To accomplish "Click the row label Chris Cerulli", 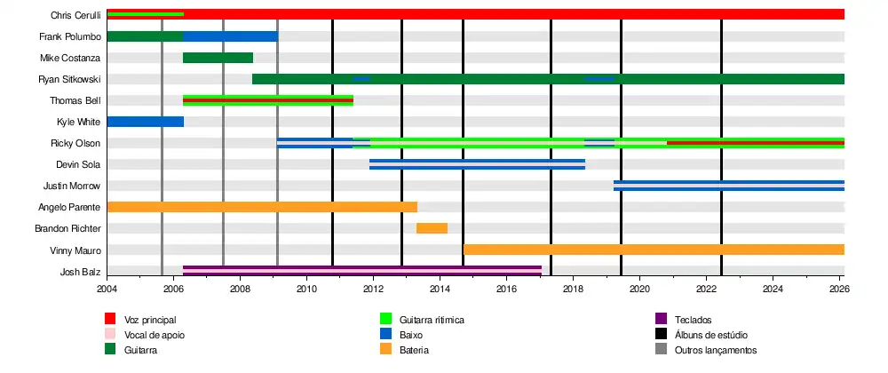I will (x=75, y=15).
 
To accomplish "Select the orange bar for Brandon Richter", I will (x=432, y=228).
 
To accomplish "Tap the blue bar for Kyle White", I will (x=145, y=122).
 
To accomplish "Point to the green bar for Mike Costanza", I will (x=218, y=58).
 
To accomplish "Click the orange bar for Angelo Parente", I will (x=262, y=207).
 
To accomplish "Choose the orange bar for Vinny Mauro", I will (x=654, y=250).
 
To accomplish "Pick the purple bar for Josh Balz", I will (x=362, y=271).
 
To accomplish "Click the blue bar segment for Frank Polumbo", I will (x=230, y=36).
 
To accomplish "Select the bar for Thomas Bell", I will (x=268, y=100).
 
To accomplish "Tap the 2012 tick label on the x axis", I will (x=373, y=289).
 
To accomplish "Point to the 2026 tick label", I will (x=840, y=289).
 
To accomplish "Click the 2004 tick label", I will (x=107, y=289).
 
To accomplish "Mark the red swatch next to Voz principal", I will (x=110, y=319).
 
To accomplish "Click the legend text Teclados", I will (x=693, y=320).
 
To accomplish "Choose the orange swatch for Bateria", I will (x=385, y=349).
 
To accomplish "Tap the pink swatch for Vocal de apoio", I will (x=110, y=334).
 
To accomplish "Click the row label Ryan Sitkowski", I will (x=69, y=79).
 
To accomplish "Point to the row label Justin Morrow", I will (x=72, y=186).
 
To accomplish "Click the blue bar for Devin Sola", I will (x=477, y=164).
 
